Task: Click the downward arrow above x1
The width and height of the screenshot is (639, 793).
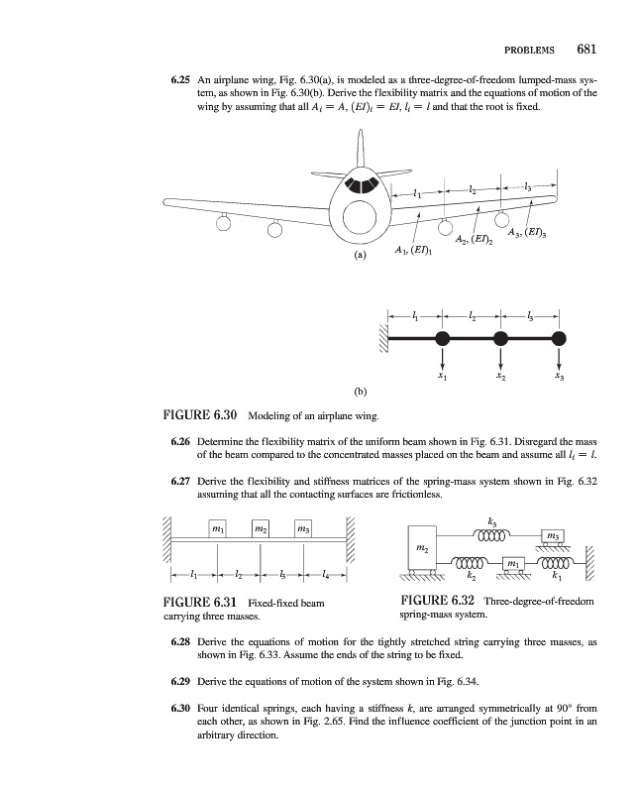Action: [442, 357]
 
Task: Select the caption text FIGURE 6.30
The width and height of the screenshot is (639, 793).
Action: [199, 413]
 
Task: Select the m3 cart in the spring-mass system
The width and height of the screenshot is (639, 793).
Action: [553, 536]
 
